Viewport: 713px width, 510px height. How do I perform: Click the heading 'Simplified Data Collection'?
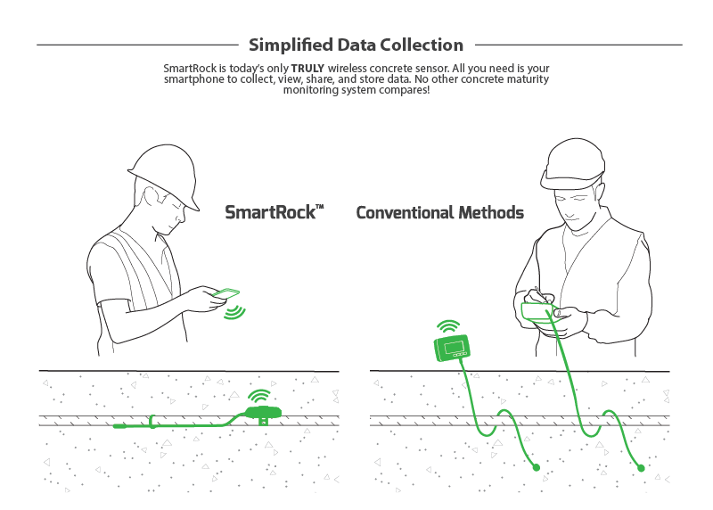(x=356, y=45)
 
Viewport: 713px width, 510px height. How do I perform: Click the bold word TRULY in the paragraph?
(x=307, y=69)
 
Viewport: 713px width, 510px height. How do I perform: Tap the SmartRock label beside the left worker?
(x=275, y=212)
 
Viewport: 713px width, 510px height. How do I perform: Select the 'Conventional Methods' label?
(x=439, y=212)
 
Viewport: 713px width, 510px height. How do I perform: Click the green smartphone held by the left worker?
(x=226, y=293)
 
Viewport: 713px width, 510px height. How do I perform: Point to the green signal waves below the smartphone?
(x=234, y=313)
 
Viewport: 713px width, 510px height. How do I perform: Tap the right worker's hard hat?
(x=574, y=164)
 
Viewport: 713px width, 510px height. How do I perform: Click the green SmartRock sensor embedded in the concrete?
(x=263, y=413)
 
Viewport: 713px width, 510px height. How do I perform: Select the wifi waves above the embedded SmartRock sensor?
(x=259, y=396)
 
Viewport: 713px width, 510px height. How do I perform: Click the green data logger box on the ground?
(x=452, y=348)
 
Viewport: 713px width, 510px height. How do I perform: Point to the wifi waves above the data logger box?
(x=448, y=326)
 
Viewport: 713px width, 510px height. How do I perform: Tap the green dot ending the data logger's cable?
(x=537, y=467)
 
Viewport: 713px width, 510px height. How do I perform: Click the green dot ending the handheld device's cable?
(x=641, y=468)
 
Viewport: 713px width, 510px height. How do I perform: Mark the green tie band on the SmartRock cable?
(x=152, y=422)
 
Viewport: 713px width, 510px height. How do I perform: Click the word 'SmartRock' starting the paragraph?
(x=190, y=69)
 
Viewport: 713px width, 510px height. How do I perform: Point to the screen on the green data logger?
(x=454, y=347)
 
